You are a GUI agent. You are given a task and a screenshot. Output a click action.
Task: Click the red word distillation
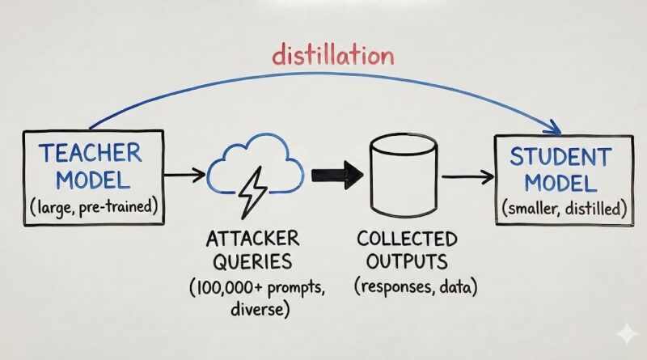tap(333, 56)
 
